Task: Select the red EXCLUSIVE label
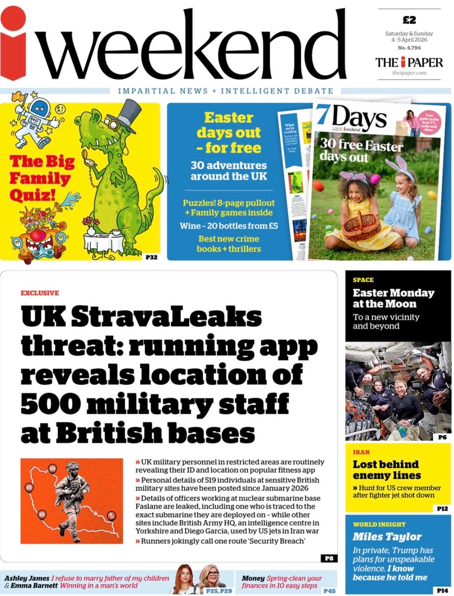click(x=40, y=293)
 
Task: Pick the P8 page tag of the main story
click(x=328, y=558)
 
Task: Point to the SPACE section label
click(x=363, y=280)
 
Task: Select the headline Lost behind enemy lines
click(x=386, y=469)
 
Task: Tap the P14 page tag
click(x=442, y=590)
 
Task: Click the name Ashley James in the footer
click(x=27, y=578)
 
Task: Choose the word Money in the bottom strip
click(x=253, y=578)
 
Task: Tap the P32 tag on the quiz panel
click(x=151, y=257)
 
